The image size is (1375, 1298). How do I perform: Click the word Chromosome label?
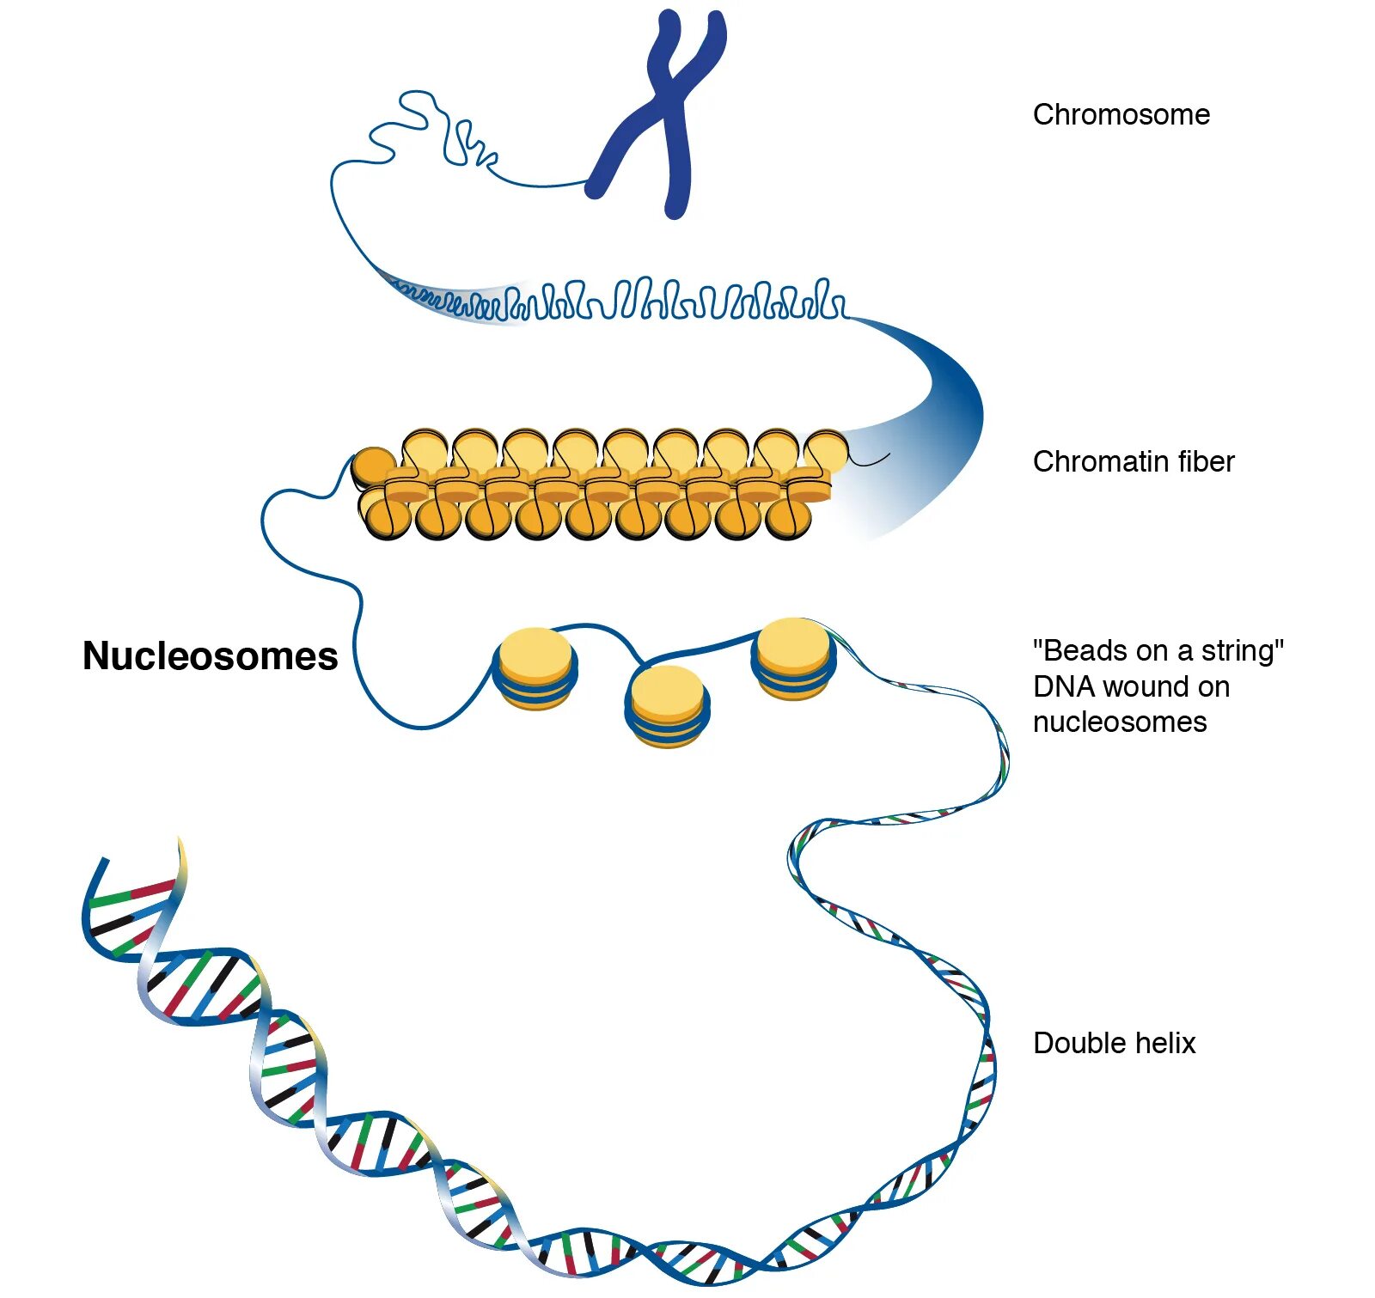tap(1121, 115)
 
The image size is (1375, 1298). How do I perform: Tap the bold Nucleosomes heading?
tap(211, 656)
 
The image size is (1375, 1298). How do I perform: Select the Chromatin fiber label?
tap(1133, 462)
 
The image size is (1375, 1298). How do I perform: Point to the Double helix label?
tap(1114, 1043)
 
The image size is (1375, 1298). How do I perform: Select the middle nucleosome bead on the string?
tap(667, 704)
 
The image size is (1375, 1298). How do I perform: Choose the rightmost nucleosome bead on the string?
tap(792, 657)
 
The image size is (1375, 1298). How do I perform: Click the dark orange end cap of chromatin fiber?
tap(373, 466)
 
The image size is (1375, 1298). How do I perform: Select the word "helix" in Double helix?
tap(1164, 1043)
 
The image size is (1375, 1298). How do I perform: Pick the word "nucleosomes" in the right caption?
tap(1119, 722)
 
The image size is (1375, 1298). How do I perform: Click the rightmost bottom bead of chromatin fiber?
tap(788, 518)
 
